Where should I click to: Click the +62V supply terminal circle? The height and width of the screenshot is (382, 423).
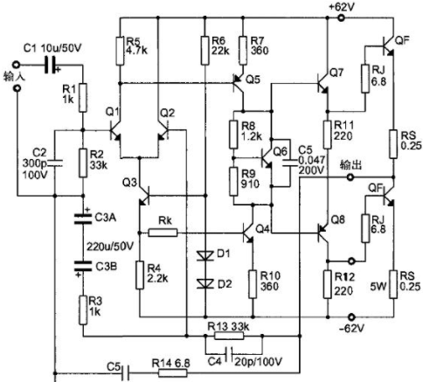click(341, 18)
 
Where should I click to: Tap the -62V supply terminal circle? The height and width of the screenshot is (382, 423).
click(352, 316)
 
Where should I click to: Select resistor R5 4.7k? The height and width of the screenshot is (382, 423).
click(120, 51)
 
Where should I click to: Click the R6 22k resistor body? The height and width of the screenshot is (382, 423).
click(205, 51)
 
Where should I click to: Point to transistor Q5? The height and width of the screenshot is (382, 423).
click(239, 83)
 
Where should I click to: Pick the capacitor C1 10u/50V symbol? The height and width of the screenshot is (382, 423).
click(52, 65)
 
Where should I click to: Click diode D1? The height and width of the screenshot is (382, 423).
click(205, 256)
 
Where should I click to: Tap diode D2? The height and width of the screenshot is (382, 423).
click(205, 283)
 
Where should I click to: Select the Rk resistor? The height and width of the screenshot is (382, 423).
click(163, 233)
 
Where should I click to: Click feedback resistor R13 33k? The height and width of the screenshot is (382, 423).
click(229, 336)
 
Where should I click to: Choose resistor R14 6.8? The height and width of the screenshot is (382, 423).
click(173, 373)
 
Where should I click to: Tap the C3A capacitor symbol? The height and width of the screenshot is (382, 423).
click(83, 219)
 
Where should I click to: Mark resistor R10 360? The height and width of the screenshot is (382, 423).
click(253, 284)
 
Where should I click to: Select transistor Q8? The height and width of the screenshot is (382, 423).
click(323, 233)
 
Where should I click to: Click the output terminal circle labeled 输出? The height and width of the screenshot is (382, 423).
click(350, 177)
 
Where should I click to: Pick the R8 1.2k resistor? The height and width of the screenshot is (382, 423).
click(233, 135)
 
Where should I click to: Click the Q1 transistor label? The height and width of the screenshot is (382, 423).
click(112, 112)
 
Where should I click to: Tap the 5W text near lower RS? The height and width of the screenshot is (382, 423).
click(378, 287)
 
